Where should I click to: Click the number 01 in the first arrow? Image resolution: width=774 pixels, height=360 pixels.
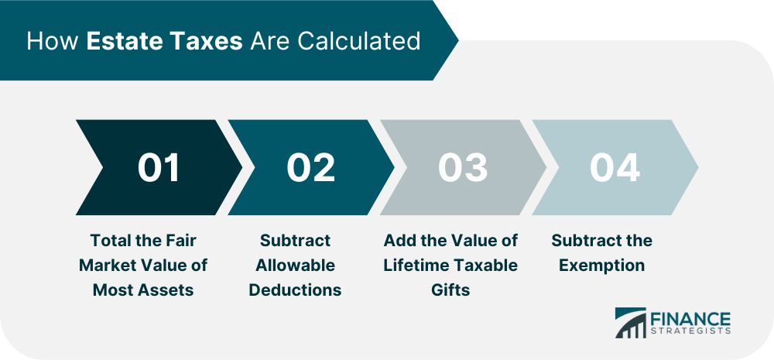159,167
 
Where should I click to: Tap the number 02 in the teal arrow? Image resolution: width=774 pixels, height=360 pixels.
311,167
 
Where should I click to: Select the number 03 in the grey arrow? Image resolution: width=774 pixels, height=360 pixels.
463,167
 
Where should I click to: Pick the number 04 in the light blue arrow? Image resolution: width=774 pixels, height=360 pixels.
615,167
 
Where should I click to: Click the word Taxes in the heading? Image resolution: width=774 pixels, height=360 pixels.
207,42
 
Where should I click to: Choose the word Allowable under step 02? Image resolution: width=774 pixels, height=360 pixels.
295,266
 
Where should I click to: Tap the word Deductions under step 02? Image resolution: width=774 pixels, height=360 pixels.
295,290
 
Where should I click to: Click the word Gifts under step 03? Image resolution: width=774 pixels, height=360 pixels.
450,290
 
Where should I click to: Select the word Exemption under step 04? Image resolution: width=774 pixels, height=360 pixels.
601,266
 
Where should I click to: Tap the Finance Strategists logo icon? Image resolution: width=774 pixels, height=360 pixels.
630,323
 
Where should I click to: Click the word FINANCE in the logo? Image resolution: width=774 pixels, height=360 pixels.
689,317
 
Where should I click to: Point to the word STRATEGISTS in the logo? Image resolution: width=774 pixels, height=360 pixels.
689,331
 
